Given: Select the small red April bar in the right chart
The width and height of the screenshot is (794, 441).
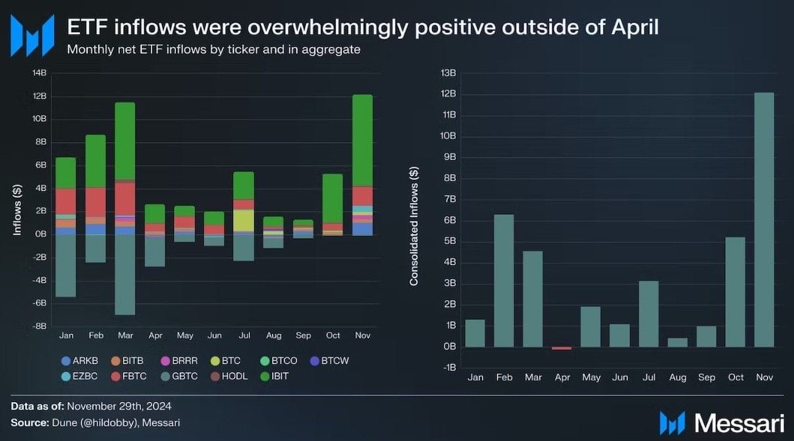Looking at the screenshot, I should click(561, 348).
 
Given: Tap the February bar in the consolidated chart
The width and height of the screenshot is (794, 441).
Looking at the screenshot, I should click(504, 280).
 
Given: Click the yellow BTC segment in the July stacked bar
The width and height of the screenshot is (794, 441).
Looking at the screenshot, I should click(243, 220).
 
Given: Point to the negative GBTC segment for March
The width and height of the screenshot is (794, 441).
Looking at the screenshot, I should click(124, 274).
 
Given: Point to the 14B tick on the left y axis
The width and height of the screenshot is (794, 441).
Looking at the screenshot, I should click(39, 73).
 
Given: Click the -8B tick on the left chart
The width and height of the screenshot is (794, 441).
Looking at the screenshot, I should click(39, 326).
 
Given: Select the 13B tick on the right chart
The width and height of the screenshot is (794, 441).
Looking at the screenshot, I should click(449, 73).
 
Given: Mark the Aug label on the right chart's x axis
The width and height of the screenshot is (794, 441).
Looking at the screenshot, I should click(677, 378).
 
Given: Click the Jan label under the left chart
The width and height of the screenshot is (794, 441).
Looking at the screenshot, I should click(66, 335).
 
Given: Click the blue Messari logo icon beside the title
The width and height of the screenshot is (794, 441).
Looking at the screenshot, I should click(32, 34).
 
